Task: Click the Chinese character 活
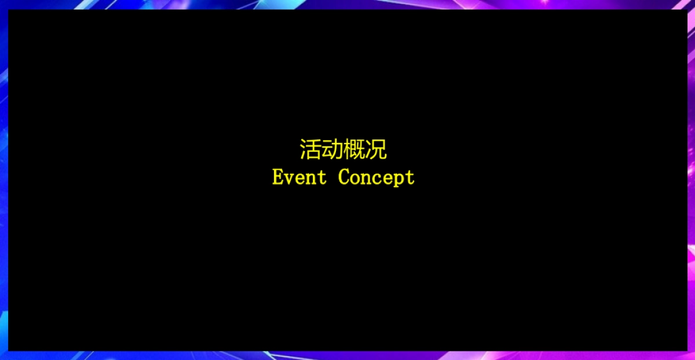point(310,150)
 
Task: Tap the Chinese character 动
point(332,150)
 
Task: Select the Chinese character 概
point(354,150)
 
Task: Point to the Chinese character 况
point(376,150)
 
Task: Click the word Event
point(299,177)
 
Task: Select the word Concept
point(376,177)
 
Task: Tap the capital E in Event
point(277,177)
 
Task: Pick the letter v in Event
point(288,178)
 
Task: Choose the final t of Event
point(322,177)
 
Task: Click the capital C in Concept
point(343,177)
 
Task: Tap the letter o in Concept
point(354,178)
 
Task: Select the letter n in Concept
point(365,178)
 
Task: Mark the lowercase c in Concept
point(376,178)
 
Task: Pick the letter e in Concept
point(387,178)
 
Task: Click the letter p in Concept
point(398,179)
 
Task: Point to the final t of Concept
point(410,177)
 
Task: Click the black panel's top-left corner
point(9,10)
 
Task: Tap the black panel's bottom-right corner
point(686,350)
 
